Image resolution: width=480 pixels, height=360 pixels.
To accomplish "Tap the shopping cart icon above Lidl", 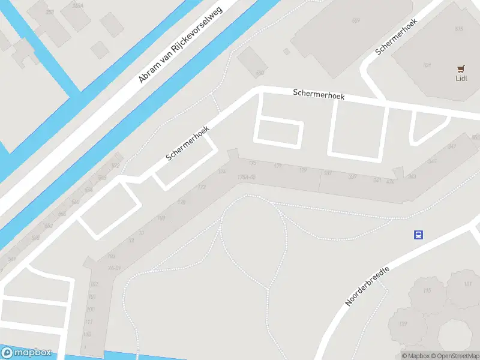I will click(x=461, y=68).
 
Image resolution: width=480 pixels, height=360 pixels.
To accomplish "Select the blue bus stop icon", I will click(x=419, y=235).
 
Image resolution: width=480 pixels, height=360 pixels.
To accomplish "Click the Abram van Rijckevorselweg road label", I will click(x=180, y=46).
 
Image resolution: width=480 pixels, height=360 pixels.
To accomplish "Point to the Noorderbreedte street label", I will click(x=367, y=286).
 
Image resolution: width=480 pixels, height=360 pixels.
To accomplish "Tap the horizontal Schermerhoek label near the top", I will click(x=318, y=95).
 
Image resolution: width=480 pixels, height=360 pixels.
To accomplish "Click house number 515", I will click(x=460, y=29).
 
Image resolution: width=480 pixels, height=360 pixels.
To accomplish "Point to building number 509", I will click(x=356, y=20).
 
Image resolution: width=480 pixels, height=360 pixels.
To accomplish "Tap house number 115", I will click(x=427, y=291).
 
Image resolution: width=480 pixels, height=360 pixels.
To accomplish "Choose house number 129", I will click(x=402, y=325).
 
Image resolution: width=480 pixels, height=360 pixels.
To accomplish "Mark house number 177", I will click(x=277, y=166).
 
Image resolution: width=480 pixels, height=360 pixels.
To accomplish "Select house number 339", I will click(x=352, y=176).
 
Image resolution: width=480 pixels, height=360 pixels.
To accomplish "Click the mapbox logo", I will click(x=27, y=353).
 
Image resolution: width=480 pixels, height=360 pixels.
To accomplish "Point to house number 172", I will click(x=202, y=187).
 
